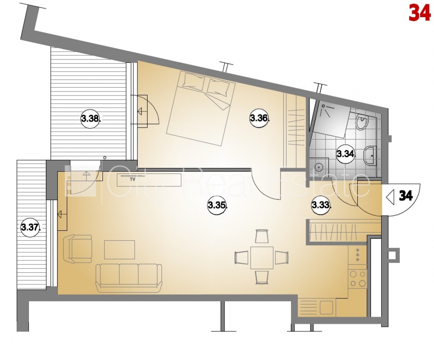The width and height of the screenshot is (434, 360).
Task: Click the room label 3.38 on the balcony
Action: pyautogui.click(x=90, y=119)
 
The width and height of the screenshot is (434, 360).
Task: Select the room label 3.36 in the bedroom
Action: pyautogui.click(x=259, y=118)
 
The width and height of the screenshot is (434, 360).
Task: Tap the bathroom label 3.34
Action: pyautogui.click(x=346, y=153)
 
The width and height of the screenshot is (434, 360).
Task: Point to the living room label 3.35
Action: pyautogui.click(x=217, y=205)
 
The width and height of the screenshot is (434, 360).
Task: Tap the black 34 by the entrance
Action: pyautogui.click(x=406, y=196)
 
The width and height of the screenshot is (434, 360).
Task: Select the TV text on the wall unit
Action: pyautogui.click(x=133, y=179)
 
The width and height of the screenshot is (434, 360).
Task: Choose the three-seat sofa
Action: pyautogui.click(x=129, y=278)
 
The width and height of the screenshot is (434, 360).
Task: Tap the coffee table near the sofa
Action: pyautogui.click(x=119, y=250)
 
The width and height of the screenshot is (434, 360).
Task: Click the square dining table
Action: pyautogui.click(x=262, y=258)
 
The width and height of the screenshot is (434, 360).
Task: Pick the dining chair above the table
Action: pyautogui.click(x=262, y=236)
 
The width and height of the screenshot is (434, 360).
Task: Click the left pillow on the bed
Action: pyautogui.click(x=194, y=81)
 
